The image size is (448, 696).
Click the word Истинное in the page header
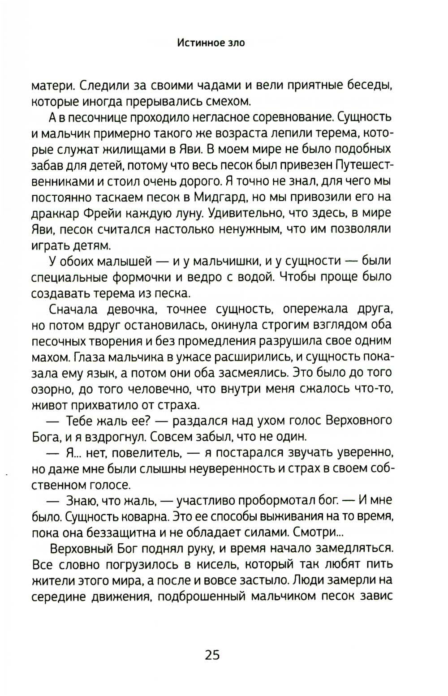pyautogui.click(x=196, y=43)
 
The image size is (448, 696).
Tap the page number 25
pyautogui.click(x=212, y=655)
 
